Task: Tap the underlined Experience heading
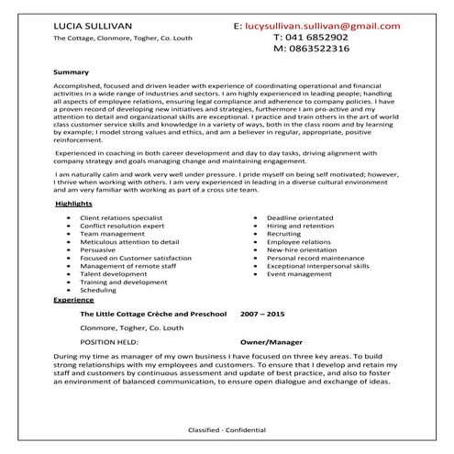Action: click(x=73, y=300)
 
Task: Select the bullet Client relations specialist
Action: click(x=120, y=241)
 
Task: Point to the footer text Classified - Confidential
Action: click(x=227, y=430)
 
